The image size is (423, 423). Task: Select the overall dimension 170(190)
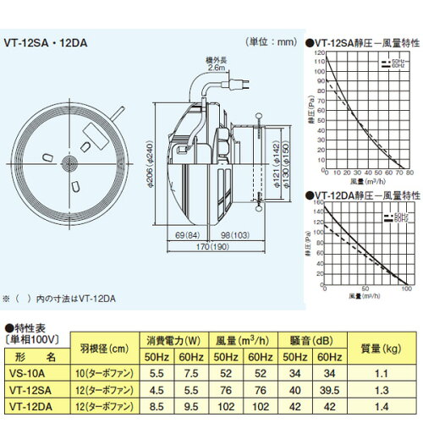[196, 248]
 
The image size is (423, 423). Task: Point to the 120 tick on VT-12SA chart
[320, 52]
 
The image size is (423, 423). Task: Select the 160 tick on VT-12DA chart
[320, 203]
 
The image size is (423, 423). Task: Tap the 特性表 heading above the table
[30, 326]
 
